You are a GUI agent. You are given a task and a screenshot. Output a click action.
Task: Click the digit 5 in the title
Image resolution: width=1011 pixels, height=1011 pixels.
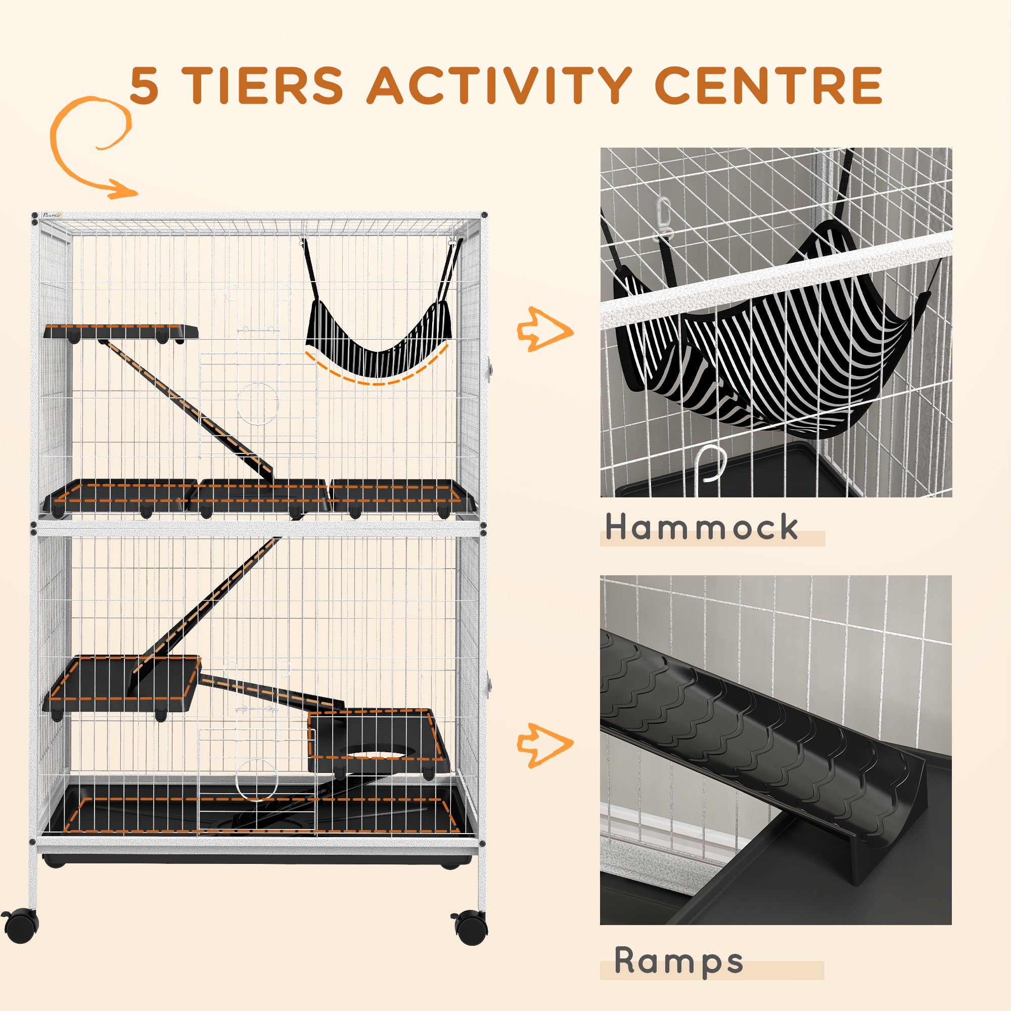coord(144,86)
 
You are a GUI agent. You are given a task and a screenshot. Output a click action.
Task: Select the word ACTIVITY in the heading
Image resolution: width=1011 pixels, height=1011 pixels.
coord(499,86)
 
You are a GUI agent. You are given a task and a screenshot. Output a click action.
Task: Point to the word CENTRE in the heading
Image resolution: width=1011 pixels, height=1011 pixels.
coord(768,86)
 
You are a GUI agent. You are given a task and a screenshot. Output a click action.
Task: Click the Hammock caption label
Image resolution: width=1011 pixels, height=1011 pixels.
coord(701,527)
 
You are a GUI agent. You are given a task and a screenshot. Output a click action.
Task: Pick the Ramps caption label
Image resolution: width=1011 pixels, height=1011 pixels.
coord(678,961)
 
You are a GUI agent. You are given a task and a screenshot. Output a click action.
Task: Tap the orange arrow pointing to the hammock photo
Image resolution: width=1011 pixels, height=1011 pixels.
coord(544,330)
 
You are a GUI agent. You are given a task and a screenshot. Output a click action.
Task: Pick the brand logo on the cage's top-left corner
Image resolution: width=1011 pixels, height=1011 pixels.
coord(53,214)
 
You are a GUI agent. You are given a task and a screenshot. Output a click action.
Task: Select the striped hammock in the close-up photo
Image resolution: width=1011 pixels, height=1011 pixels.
coord(774,356)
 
